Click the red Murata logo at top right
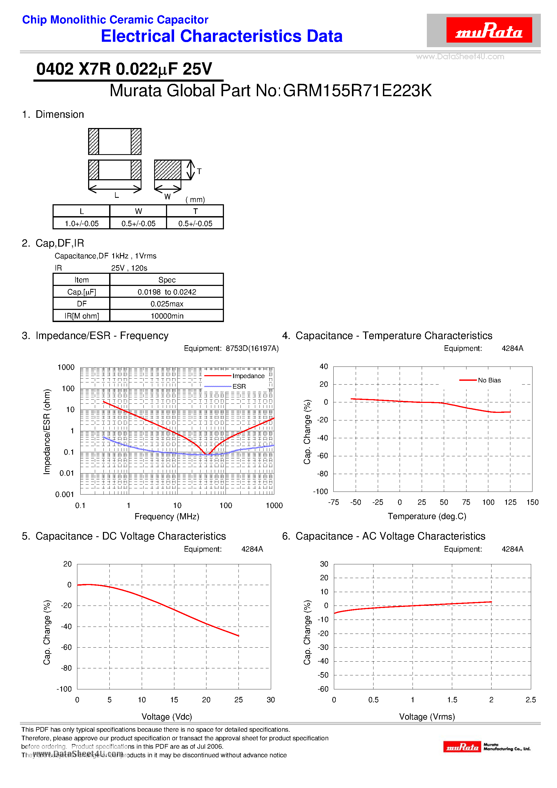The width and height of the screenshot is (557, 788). (489, 30)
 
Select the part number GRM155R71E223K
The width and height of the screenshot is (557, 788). (357, 91)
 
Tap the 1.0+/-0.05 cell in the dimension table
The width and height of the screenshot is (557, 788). (82, 223)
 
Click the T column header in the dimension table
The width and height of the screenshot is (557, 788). (195, 211)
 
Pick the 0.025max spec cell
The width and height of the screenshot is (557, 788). (167, 304)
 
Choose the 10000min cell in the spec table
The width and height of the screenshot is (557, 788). (167, 316)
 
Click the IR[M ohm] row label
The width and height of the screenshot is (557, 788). (82, 316)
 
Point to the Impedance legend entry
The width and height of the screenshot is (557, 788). (248, 376)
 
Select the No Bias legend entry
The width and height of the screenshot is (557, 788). (489, 380)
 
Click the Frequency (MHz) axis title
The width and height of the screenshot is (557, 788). (167, 517)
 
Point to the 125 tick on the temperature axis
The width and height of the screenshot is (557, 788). (510, 502)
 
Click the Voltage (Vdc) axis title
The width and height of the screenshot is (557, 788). (167, 717)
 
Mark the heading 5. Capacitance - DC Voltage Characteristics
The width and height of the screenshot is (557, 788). (124, 536)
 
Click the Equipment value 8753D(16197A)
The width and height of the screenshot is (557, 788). (252, 348)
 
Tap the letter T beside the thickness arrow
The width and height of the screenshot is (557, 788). (199, 171)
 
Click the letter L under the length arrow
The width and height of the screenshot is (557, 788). (117, 195)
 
